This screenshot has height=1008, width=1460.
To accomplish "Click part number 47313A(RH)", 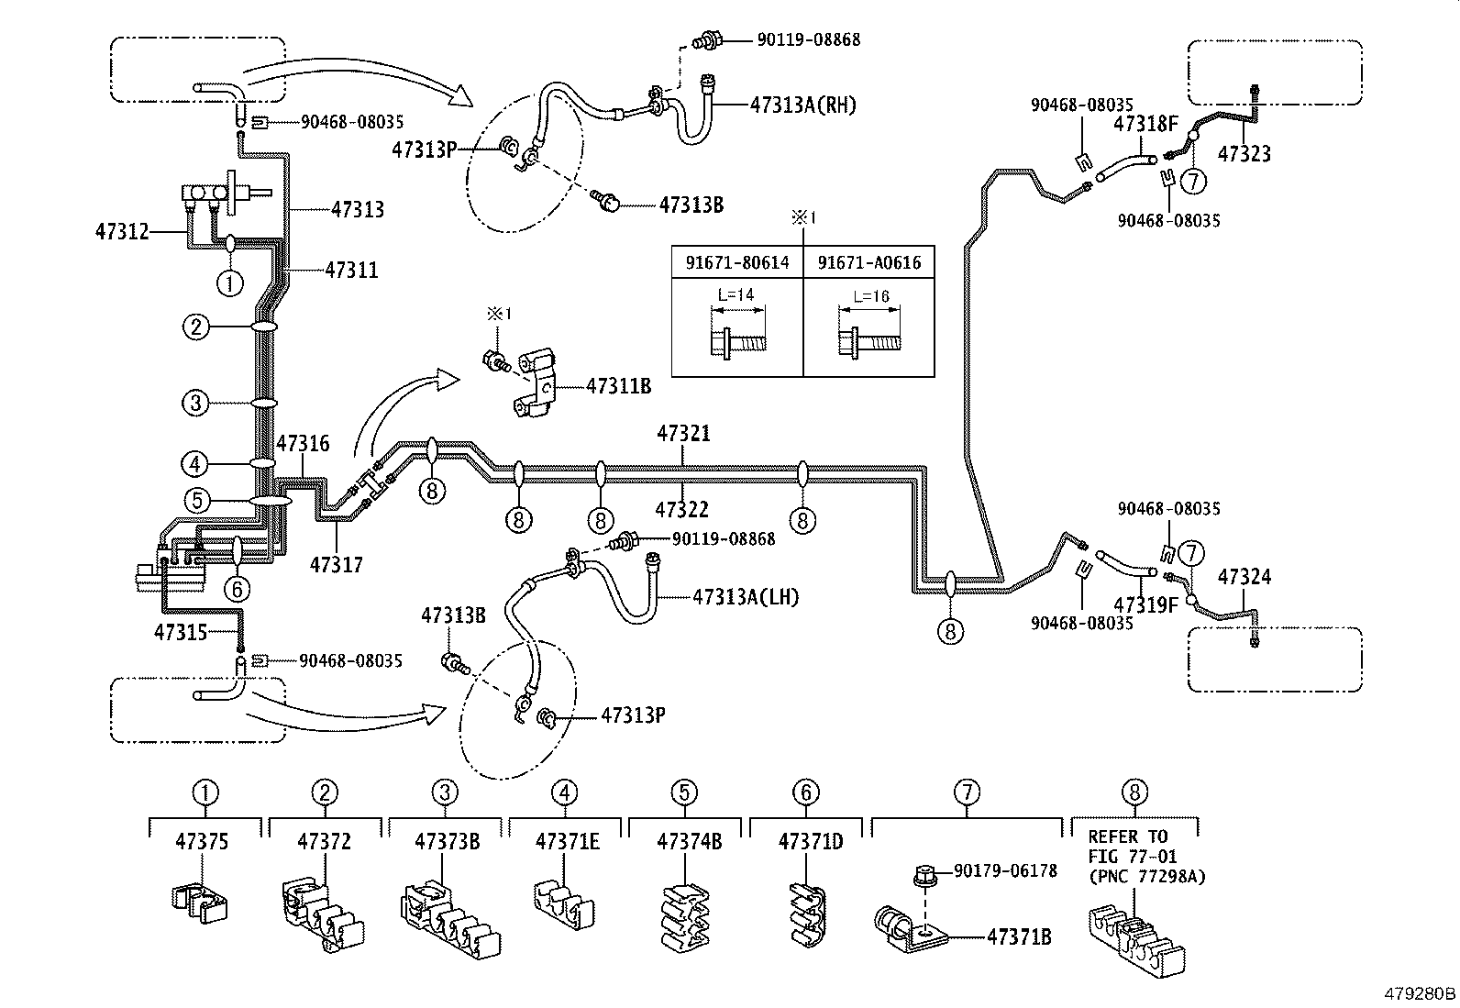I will pos(802,105).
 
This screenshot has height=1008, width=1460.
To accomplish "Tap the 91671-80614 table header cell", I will pos(737,263).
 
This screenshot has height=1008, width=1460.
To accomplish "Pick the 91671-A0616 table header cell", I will pos(868,263).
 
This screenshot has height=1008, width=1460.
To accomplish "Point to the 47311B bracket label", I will pos(618,386).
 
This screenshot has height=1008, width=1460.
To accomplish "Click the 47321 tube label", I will pos(683,433).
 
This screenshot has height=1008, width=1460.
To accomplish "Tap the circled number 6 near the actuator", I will pos(237,588).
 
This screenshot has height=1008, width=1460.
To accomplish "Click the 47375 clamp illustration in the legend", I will pos(201,898).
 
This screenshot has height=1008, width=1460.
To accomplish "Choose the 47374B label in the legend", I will pos(684,841).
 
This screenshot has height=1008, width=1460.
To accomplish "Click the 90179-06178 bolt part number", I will pos(1005,870).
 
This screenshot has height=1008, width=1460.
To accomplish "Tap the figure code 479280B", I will pos(1420,993).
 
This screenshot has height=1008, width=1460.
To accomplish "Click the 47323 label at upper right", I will pos(1244,154).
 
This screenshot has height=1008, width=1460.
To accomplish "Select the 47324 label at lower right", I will pos(1244,577).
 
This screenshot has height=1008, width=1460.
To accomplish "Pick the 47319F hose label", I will pos(1145,604).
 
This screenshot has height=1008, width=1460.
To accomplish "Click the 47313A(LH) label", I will pos(746,597).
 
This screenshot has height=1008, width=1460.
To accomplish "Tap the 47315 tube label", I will pos(180,631).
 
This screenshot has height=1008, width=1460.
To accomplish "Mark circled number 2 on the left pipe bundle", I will pos(196,327).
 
